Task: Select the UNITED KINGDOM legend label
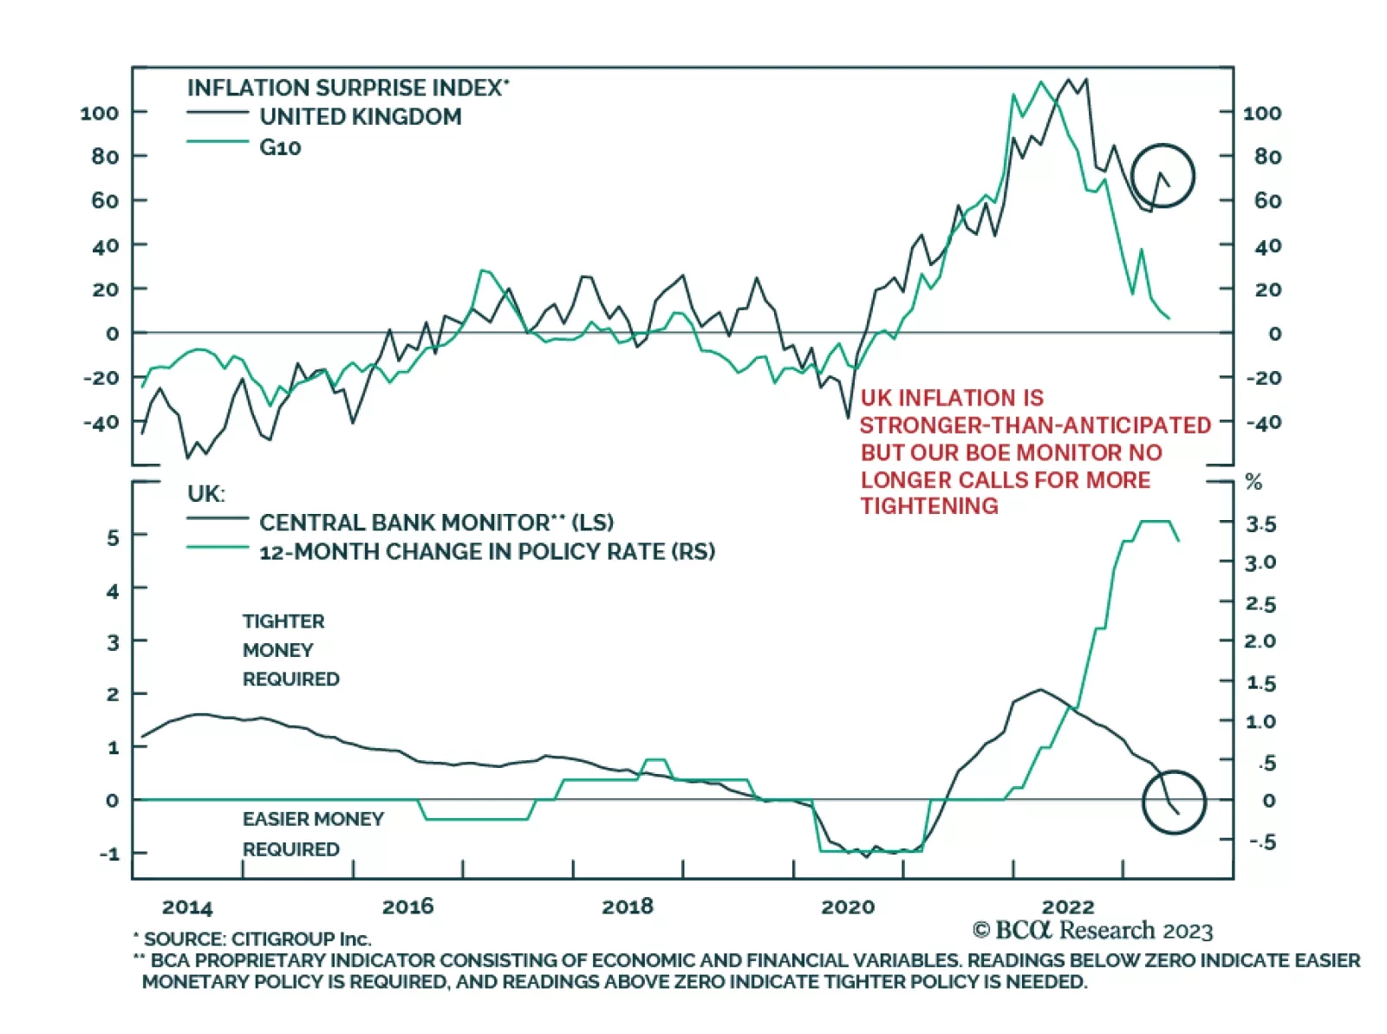pyautogui.click(x=361, y=117)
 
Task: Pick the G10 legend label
pyautogui.click(x=280, y=147)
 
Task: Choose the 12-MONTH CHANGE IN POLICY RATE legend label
pyautogui.click(x=486, y=552)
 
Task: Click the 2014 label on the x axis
pyautogui.click(x=187, y=907)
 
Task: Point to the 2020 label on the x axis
pyautogui.click(x=848, y=907)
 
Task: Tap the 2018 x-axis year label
pyautogui.click(x=628, y=907)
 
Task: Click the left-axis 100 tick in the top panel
pyautogui.click(x=99, y=113)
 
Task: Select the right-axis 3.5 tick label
pyautogui.click(x=1261, y=524)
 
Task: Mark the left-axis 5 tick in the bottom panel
pyautogui.click(x=113, y=537)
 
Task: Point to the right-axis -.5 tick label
pyautogui.click(x=1262, y=841)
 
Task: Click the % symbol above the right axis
pyautogui.click(x=1254, y=482)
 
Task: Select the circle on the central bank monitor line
pyautogui.click(x=1174, y=802)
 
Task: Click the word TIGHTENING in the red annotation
pyautogui.click(x=929, y=506)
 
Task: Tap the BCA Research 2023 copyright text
pyautogui.click(x=1092, y=931)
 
